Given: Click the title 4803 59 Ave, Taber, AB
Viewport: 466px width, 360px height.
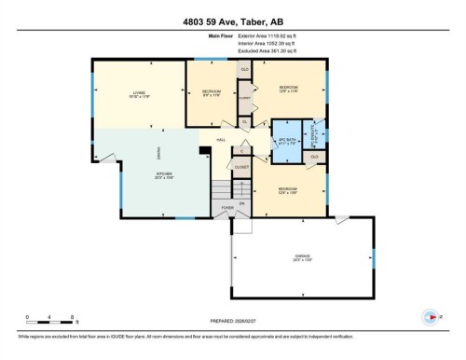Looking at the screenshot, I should click(x=232, y=19).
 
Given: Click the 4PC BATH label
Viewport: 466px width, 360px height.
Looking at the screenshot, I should click(x=288, y=139).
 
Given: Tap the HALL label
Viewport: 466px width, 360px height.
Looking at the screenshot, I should click(x=221, y=140).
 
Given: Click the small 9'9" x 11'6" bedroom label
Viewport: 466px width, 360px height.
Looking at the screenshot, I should click(x=211, y=92).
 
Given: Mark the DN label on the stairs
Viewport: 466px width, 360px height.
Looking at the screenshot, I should click(x=241, y=201).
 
